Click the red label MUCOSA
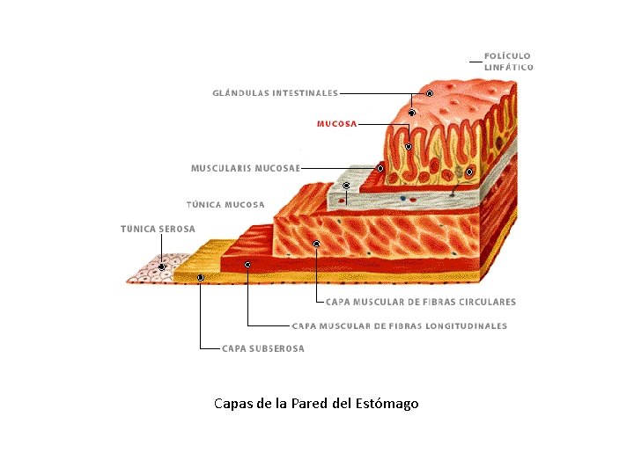click(x=336, y=124)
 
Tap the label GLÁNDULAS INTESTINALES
click(x=275, y=92)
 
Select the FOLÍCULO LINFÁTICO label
click(x=508, y=61)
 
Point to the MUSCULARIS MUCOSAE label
click(x=246, y=167)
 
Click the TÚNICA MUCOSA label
click(x=225, y=205)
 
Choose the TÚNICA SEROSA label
click(x=158, y=229)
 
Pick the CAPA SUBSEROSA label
click(x=262, y=348)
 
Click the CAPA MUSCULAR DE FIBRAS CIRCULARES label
click(x=421, y=302)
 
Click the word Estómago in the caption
click(x=387, y=404)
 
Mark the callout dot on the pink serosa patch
click(x=162, y=267)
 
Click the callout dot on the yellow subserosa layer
click(x=201, y=277)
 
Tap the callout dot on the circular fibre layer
click(x=316, y=243)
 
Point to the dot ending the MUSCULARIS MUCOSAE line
click(x=380, y=167)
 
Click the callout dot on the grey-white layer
click(x=347, y=186)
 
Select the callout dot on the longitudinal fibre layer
click(x=247, y=264)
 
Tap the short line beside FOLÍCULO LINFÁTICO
click(x=475, y=62)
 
